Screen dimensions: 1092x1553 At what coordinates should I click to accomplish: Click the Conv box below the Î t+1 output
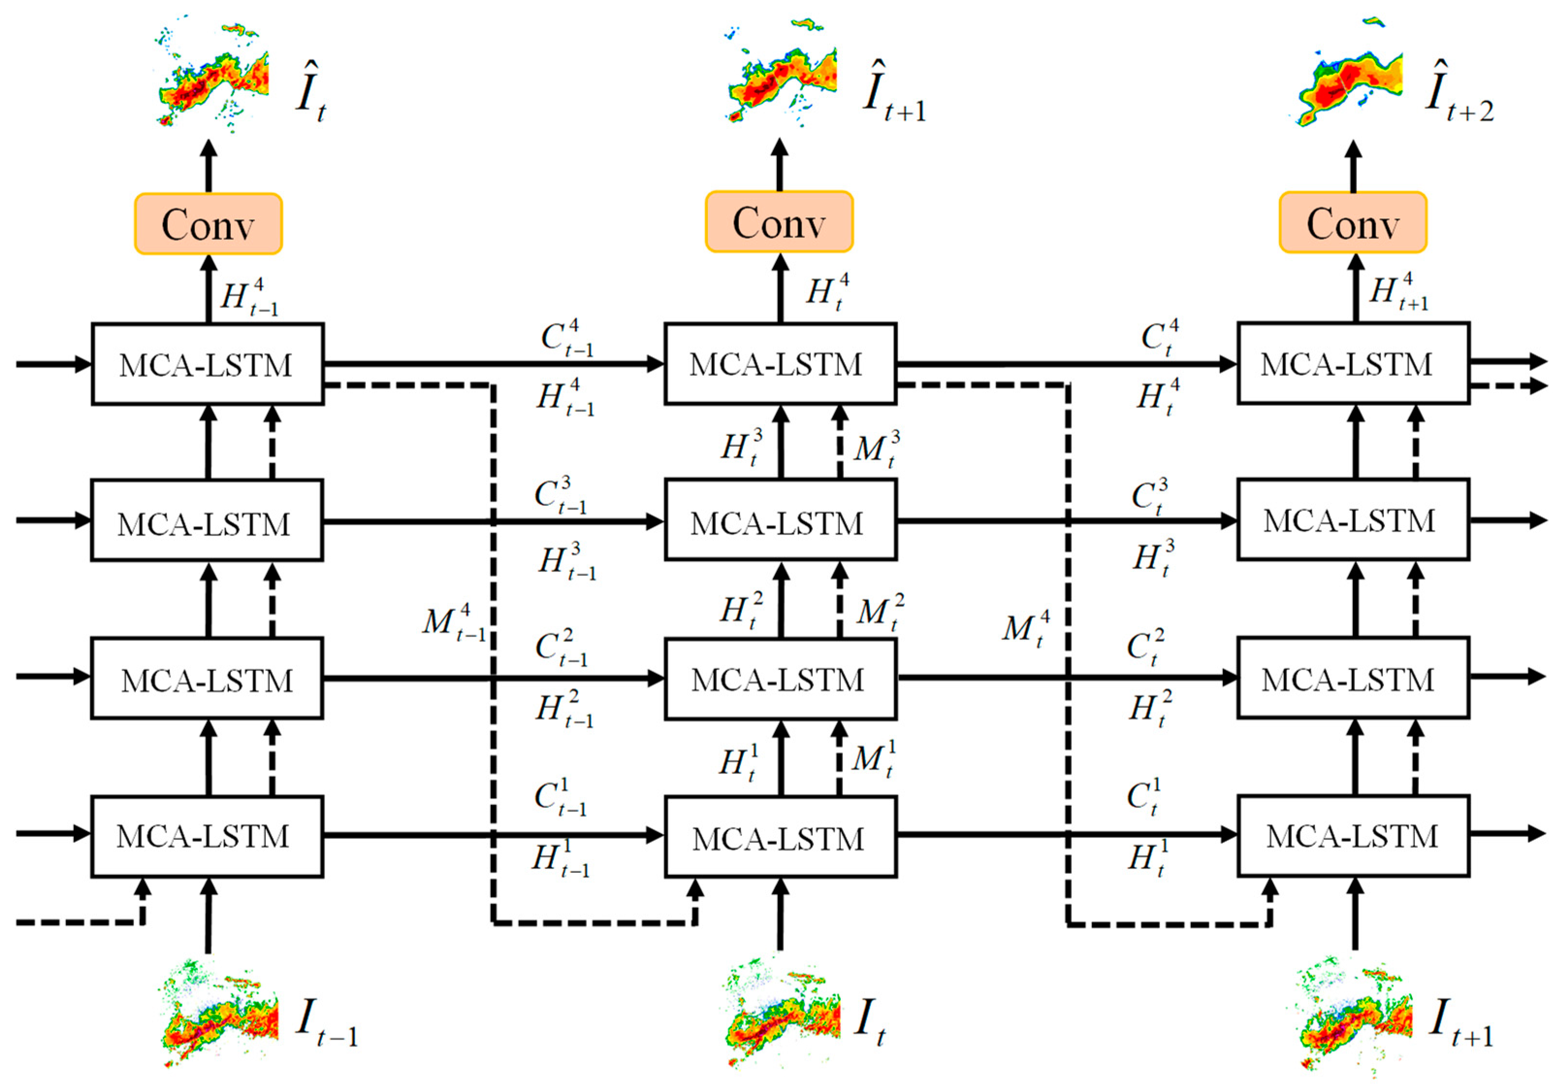tap(779, 222)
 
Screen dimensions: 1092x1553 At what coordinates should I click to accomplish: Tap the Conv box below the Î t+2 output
tap(1353, 223)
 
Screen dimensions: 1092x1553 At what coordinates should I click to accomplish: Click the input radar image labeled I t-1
tap(220, 1012)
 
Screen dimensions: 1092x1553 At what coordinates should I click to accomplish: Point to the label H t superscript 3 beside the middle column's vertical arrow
tap(741, 447)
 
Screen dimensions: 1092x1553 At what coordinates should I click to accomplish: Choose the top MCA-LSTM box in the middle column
tap(780, 364)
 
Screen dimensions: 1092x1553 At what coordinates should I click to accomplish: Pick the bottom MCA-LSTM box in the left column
tap(207, 836)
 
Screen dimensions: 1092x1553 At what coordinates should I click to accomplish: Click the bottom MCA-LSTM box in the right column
tap(1353, 836)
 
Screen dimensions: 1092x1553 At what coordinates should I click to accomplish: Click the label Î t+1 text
tap(893, 95)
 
